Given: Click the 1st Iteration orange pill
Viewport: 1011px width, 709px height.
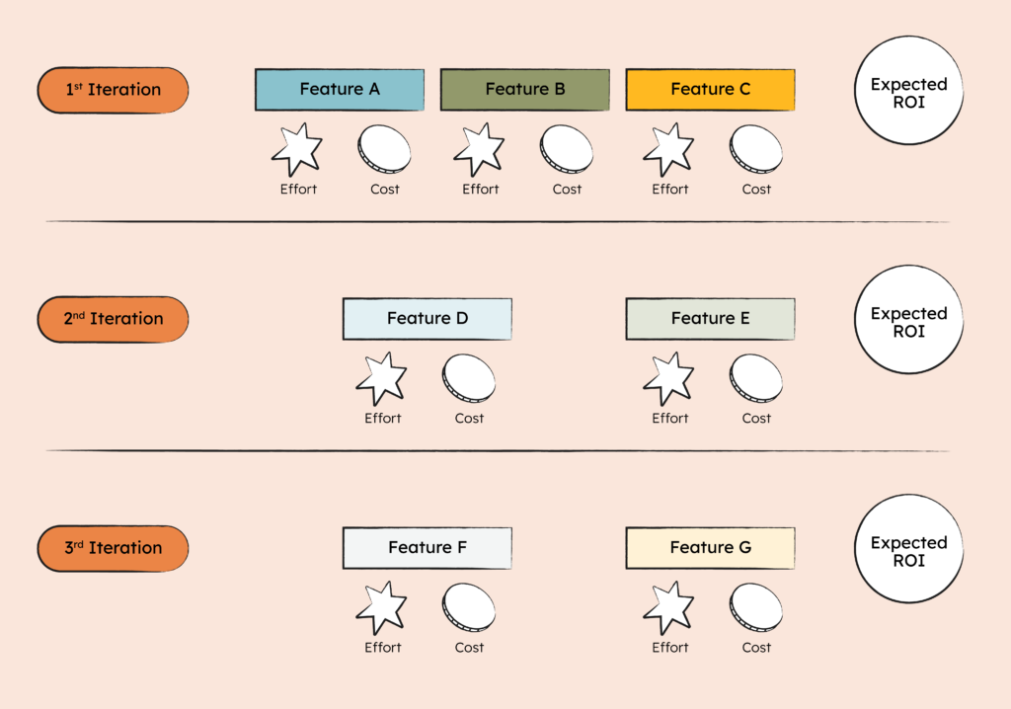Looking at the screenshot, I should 113,90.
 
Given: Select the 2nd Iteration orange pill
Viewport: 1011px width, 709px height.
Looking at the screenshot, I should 113,319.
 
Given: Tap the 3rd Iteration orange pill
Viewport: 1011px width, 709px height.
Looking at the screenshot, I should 113,548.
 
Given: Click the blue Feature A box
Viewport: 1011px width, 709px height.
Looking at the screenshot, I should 340,90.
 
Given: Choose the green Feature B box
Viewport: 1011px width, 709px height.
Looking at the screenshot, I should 524,90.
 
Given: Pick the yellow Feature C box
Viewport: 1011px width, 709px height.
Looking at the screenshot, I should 710,90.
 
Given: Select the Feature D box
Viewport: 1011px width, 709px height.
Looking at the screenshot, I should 427,319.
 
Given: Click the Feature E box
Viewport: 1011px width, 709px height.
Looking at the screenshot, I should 710,319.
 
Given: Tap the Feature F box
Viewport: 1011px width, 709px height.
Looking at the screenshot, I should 427,548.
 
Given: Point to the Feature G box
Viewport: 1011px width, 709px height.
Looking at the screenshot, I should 710,548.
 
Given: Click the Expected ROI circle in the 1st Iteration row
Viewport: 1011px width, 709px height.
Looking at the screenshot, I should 908,93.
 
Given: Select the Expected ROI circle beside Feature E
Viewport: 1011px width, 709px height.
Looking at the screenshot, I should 908,322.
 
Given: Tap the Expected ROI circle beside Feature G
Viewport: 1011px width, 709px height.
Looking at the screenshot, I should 908,551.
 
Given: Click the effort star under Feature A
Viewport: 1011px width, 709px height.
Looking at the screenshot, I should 297,150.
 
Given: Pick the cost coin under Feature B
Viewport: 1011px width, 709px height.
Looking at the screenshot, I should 567,150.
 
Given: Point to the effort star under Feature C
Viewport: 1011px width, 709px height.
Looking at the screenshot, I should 669,150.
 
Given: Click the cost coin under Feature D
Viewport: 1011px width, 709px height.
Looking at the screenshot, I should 469,379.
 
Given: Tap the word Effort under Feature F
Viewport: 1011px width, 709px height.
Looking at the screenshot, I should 382,648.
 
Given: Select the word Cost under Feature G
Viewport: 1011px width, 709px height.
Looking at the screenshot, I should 756,648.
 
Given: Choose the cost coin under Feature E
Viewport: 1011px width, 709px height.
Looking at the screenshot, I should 756,379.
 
